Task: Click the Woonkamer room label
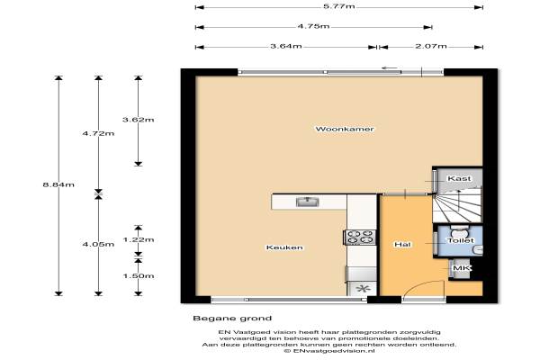pos(345,130)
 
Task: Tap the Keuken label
pos(284,247)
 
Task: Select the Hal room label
pos(402,244)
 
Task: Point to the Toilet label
pos(461,240)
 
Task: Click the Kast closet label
pos(459,178)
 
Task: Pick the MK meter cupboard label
pos(462,268)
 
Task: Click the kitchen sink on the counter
pos(308,202)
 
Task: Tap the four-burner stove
pos(360,237)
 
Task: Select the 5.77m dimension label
pos(339,6)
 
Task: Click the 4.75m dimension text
pos(313,26)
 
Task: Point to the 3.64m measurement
pos(286,46)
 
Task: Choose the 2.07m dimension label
pos(431,46)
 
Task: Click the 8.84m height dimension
pos(58,184)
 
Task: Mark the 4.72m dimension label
pos(98,133)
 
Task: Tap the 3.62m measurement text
pos(138,120)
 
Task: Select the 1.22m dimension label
pos(138,239)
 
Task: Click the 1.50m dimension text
pos(138,276)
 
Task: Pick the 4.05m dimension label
pos(98,244)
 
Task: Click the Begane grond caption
pos(232,319)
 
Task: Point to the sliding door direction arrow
pos(390,67)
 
